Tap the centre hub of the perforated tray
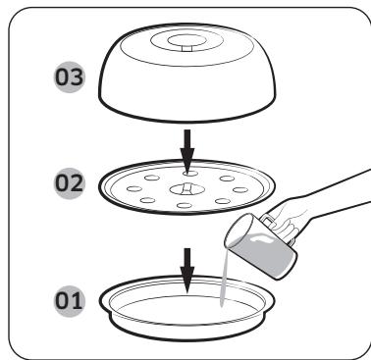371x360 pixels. pyautogui.click(x=187, y=185)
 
